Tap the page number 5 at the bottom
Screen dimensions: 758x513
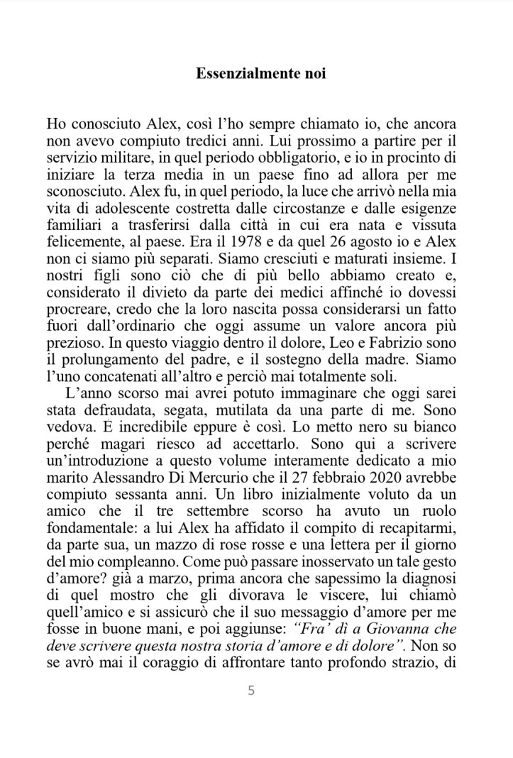(251, 691)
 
